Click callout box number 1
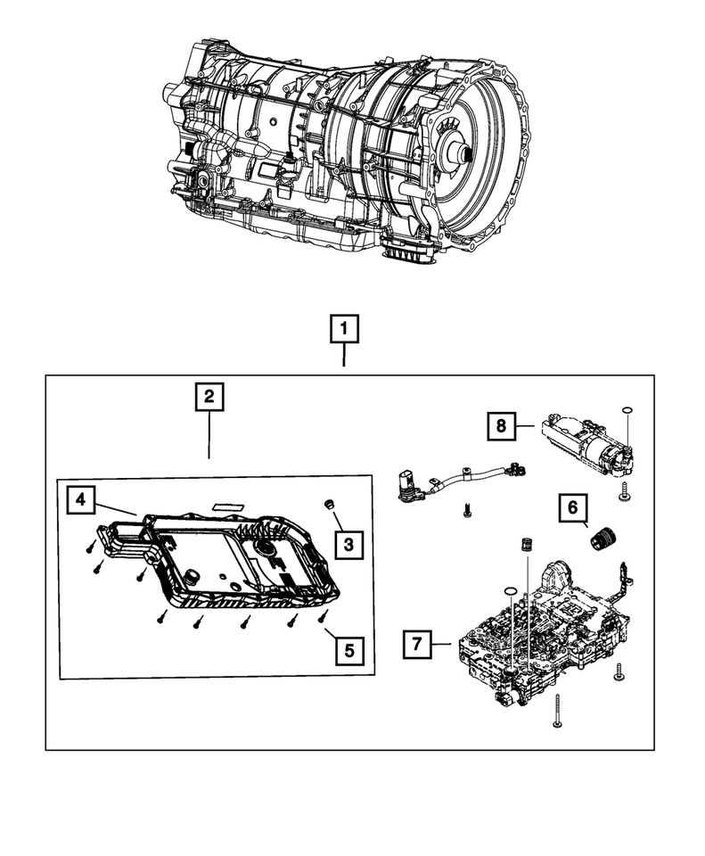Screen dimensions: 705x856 [x=344, y=329]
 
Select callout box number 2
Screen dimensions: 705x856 [x=209, y=397]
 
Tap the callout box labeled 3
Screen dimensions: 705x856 [x=348, y=544]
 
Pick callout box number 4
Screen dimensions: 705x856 [x=81, y=499]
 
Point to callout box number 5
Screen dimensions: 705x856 [x=349, y=650]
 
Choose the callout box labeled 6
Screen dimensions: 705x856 [x=572, y=507]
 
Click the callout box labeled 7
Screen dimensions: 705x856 [x=417, y=644]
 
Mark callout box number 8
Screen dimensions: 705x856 [x=501, y=426]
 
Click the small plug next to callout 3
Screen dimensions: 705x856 [x=329, y=503]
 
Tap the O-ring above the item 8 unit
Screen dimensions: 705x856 [x=627, y=410]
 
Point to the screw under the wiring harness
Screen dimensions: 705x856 [x=466, y=510]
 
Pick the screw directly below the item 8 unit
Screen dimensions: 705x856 [x=623, y=492]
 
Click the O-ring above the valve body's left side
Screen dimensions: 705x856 [x=509, y=592]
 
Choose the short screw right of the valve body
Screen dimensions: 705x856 [x=619, y=672]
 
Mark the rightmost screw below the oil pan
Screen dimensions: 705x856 [x=323, y=616]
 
